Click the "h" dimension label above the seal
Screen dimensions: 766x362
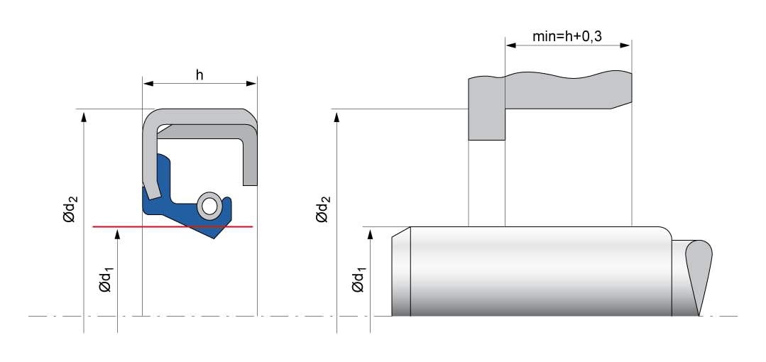(199, 75)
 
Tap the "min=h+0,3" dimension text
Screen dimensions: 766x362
(567, 36)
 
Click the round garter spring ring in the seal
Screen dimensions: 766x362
(209, 206)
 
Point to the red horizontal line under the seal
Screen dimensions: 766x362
(173, 226)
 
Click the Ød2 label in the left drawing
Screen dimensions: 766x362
(70, 209)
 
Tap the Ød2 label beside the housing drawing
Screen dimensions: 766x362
(323, 209)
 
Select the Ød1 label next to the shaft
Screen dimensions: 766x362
(358, 279)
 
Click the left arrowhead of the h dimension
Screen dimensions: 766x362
(148, 84)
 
